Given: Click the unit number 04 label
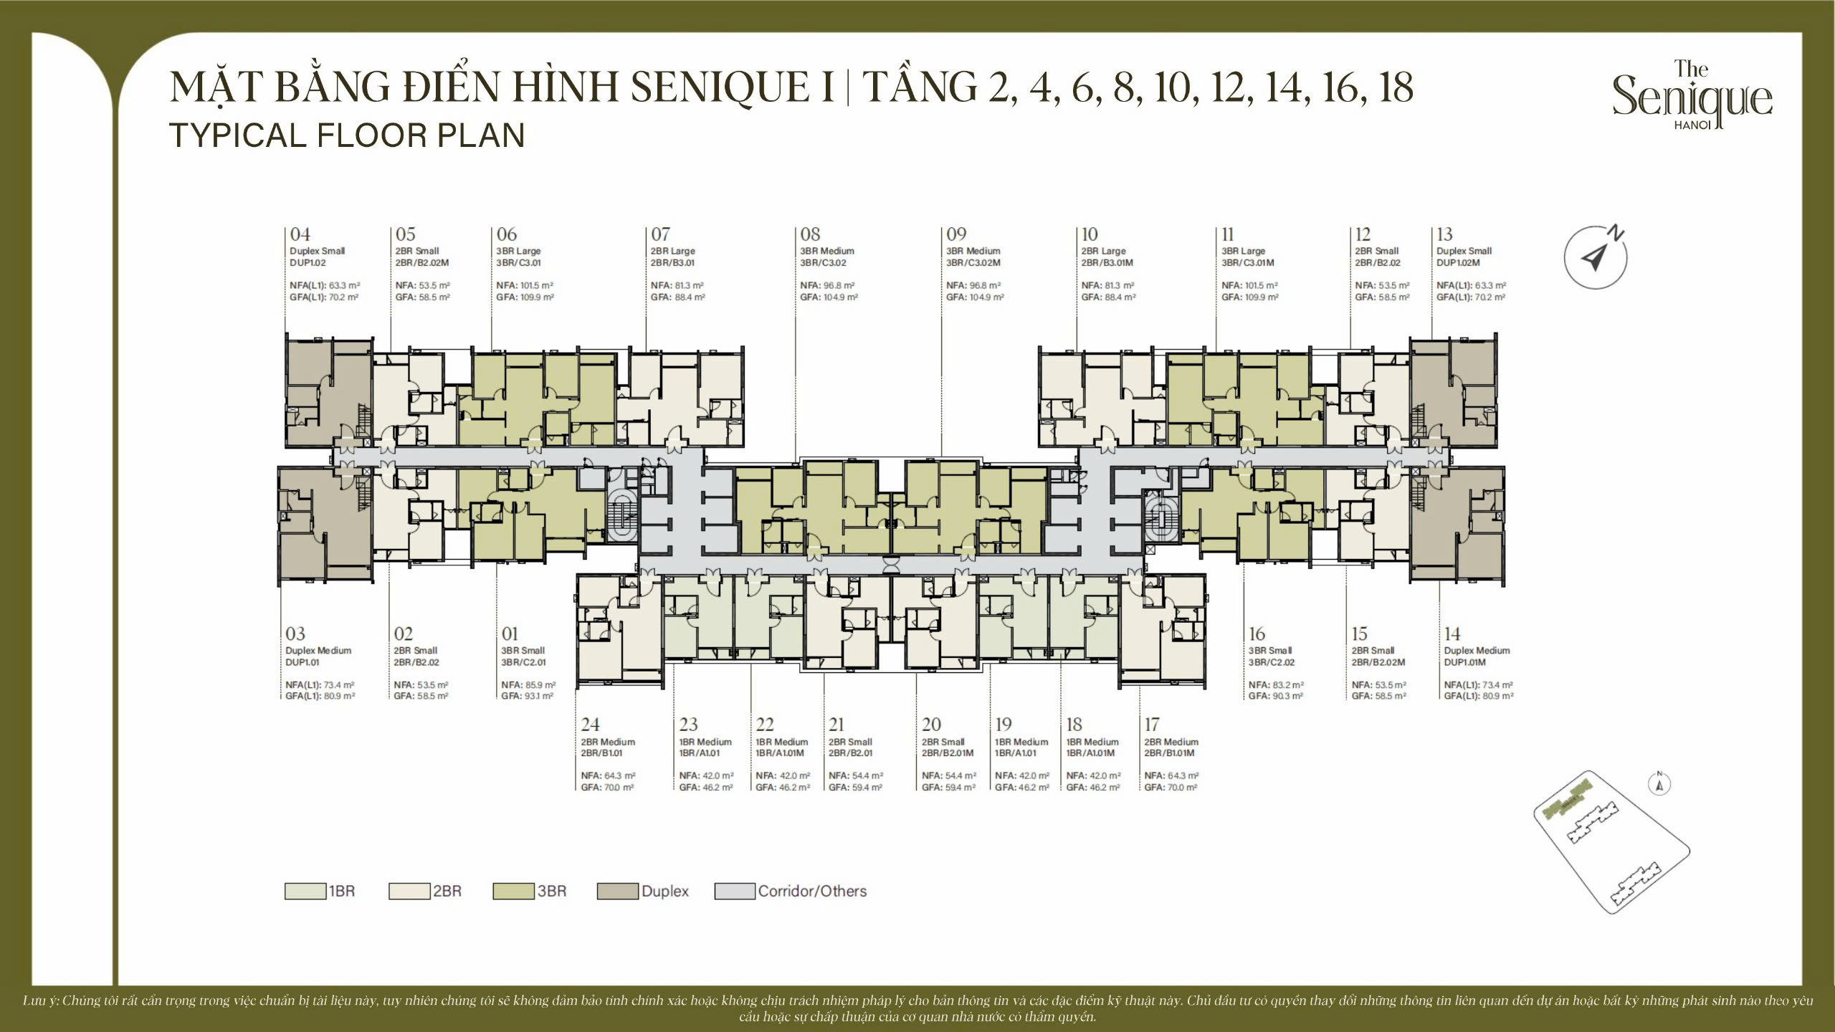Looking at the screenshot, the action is coord(300,234).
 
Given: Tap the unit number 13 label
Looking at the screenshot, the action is coord(1444,234).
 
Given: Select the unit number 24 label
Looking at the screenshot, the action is coord(591,725).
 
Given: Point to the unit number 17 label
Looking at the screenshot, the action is coord(1152,725).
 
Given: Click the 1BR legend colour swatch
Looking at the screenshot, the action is coord(305,891).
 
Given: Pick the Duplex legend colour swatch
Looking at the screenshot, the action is coord(618,891).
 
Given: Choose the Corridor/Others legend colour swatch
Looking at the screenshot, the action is coord(735,891).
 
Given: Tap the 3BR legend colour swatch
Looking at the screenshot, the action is coord(513,891).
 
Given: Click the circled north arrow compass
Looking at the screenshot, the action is coord(1596,257).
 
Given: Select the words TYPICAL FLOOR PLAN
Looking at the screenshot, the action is coord(348,135).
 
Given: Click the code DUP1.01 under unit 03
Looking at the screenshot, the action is coord(302,662).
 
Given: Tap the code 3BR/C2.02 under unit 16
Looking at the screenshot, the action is coord(1272,662).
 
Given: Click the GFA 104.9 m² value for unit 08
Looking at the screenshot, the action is coord(840,297).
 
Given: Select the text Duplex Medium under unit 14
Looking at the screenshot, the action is coord(1477,651).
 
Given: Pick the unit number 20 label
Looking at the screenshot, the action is coord(932,725).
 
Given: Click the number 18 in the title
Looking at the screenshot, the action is coord(1396,87).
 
